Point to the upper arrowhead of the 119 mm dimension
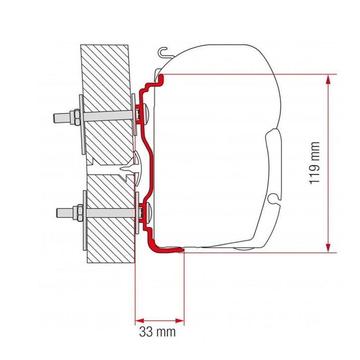(327, 78)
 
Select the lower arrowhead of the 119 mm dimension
(327, 248)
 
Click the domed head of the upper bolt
(147, 115)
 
